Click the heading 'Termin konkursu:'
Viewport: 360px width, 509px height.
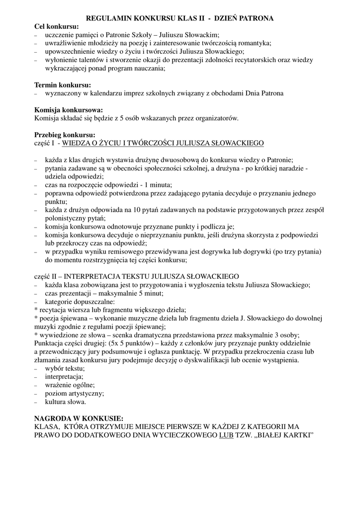(62, 85)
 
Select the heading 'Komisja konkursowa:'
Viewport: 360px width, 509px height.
(68, 110)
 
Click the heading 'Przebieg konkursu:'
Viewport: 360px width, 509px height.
(64, 135)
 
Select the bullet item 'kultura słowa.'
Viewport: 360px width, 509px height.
(65, 402)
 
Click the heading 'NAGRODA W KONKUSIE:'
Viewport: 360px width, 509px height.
(78, 419)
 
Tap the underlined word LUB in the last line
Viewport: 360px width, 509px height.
(226, 435)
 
